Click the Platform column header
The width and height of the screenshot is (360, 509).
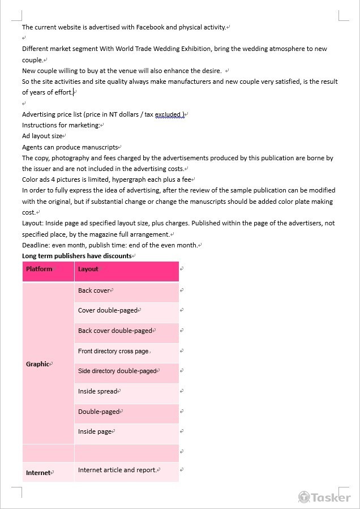(39, 269)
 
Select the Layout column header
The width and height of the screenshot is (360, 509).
(88, 269)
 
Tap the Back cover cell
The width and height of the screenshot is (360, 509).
(94, 290)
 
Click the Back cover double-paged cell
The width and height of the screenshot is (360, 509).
(115, 331)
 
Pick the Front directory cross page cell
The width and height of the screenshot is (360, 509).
(113, 351)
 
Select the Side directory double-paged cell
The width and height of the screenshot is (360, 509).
(117, 371)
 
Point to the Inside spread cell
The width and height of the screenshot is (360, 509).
(98, 391)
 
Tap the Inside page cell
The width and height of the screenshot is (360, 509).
(95, 431)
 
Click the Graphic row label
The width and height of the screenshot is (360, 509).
(38, 364)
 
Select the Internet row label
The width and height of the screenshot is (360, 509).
(38, 473)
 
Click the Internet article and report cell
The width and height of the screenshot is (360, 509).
(117, 470)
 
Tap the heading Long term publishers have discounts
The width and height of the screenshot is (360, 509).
(76, 256)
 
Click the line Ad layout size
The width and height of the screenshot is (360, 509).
(42, 136)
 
